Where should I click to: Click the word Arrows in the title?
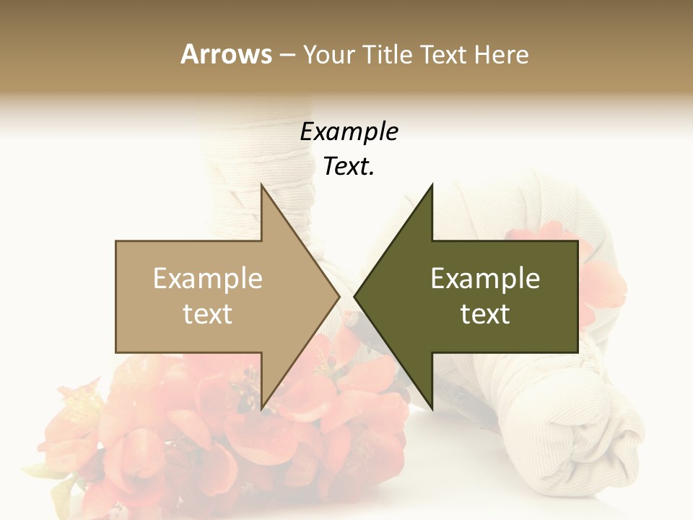pos(226,54)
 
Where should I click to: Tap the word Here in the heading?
pos(501,54)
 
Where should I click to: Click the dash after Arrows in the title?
pos(287,55)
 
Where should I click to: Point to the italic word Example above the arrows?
pos(349,132)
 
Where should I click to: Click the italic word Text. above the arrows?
pos(349,167)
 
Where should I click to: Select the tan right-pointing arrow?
pos(217,296)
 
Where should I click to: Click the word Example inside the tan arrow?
pos(208,279)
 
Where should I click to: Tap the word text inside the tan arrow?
pos(208,314)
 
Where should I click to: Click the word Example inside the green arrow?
pos(485,279)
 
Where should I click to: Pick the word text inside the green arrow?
pos(485,314)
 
